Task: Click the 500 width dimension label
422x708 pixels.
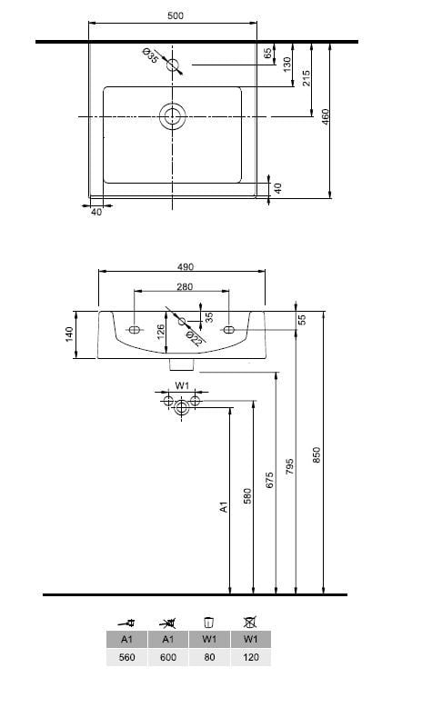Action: coord(176,15)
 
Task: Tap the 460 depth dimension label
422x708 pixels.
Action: coord(326,117)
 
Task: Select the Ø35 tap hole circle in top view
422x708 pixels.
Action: coord(173,65)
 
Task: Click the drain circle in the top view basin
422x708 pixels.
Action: coord(172,116)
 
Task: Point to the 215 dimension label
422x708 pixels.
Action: coord(306,78)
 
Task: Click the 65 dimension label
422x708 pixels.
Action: coord(268,53)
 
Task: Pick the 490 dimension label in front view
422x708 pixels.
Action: coord(186,267)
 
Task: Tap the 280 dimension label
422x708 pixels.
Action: coord(185,286)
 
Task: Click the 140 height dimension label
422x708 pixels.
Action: coord(69,334)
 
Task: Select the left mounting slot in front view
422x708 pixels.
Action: coord(135,330)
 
